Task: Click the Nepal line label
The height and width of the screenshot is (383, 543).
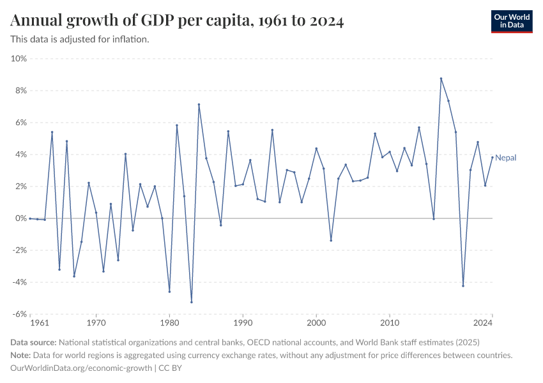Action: click(505, 158)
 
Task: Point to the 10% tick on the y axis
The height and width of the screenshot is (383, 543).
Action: click(19, 59)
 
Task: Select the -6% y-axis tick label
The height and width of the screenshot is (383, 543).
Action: click(19, 314)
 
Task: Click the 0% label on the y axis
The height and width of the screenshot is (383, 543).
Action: click(20, 218)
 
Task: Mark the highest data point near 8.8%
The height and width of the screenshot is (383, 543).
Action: click(441, 79)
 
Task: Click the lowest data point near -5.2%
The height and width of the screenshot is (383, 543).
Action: click(191, 302)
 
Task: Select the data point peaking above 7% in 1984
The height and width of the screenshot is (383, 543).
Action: click(199, 105)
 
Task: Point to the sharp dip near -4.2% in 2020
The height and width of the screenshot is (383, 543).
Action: click(463, 286)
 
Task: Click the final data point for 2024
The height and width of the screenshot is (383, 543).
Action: click(493, 157)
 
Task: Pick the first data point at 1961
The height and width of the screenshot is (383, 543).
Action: click(30, 218)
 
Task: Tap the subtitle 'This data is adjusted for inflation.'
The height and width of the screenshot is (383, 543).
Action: click(80, 40)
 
